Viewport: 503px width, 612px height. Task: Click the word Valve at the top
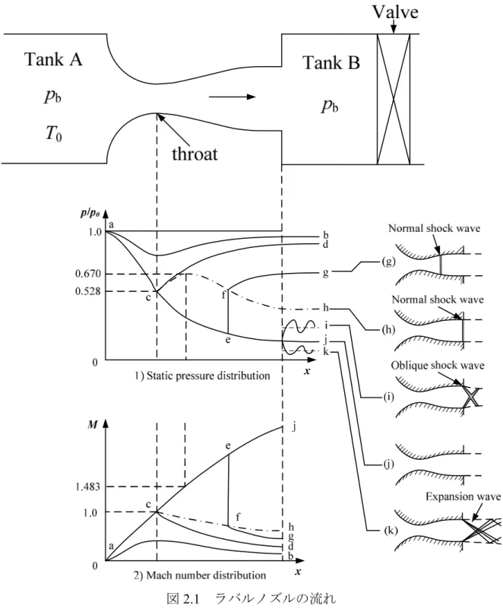(395, 11)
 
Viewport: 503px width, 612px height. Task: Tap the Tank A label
(53, 59)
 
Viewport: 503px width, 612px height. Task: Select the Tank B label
(331, 62)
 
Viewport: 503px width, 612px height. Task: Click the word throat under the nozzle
(195, 154)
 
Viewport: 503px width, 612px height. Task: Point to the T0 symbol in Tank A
(53, 134)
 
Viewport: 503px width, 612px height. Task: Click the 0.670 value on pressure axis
(88, 274)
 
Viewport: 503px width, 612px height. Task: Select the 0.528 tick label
(88, 291)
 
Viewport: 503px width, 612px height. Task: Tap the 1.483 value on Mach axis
(87, 487)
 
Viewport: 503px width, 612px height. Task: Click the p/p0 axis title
(91, 213)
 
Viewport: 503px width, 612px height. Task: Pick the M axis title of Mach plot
(93, 424)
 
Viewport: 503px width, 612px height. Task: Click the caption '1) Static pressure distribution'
(202, 376)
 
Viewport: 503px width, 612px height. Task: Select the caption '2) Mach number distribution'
(200, 575)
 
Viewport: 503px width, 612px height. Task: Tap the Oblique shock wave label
(438, 366)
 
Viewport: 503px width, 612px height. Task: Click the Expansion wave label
(463, 496)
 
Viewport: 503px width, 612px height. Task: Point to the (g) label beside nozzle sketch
(388, 262)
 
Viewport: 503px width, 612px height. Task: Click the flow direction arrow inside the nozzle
(233, 97)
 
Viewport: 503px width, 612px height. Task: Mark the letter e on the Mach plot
(228, 446)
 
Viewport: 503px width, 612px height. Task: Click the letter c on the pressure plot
(148, 298)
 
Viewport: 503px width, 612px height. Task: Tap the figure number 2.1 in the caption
(191, 599)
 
